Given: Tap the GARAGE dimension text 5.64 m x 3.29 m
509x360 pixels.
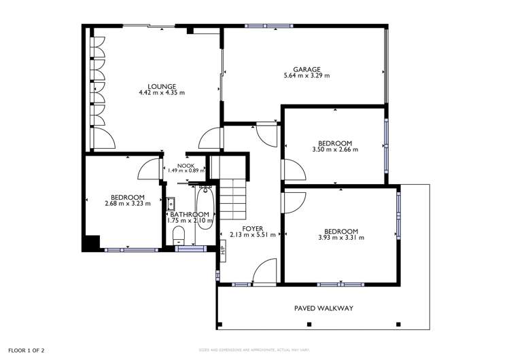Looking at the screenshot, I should (306, 76).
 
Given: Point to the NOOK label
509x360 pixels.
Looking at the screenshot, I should (185, 165).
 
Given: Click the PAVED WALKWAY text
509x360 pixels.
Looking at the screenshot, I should (323, 308).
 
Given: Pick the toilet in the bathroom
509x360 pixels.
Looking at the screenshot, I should (178, 236).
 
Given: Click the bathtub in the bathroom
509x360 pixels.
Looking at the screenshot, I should (204, 211).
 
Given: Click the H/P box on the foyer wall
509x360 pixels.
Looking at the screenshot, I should (222, 250).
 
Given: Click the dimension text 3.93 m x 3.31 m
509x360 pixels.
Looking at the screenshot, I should (340, 238).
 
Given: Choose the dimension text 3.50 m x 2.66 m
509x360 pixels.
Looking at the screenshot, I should (334, 149).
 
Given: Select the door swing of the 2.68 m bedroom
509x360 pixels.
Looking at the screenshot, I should (148, 169).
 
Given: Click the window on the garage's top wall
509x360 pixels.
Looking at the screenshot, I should (270, 26).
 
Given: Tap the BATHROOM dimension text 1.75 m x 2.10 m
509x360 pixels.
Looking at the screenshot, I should (192, 221).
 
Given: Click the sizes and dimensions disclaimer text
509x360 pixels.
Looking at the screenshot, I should (253, 350).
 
